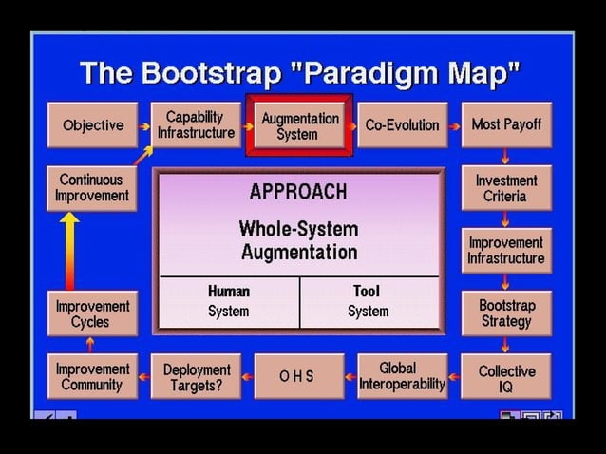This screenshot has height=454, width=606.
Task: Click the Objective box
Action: (92, 125)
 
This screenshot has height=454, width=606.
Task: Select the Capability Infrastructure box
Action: (195, 124)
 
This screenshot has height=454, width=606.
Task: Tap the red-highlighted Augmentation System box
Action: (299, 125)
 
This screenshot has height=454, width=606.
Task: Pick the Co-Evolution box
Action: (402, 125)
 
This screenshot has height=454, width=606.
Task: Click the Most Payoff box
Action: (506, 124)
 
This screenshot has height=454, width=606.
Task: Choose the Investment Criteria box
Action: (506, 188)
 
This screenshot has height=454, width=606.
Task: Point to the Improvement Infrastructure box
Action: (506, 251)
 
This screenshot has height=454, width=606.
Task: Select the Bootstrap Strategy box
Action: (506, 313)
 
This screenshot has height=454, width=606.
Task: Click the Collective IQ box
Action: (506, 377)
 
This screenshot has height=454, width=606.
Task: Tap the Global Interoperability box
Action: (402, 376)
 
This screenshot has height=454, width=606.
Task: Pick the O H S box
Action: (297, 376)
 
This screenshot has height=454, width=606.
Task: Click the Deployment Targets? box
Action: (197, 377)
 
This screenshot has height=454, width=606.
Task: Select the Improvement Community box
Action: (92, 377)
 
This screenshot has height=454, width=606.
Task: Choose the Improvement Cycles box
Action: (92, 314)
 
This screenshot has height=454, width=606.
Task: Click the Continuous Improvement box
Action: (92, 188)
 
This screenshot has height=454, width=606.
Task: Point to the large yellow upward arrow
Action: (70, 250)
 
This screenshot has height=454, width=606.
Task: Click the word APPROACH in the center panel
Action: (298, 191)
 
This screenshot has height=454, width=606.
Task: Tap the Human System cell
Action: (228, 301)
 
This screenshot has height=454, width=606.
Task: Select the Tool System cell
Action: (368, 301)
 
